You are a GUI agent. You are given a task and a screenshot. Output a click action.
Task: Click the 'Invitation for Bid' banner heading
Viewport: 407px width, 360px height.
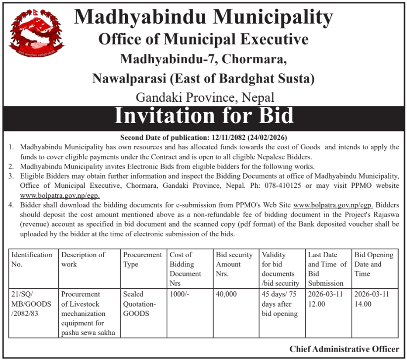tap(204, 115)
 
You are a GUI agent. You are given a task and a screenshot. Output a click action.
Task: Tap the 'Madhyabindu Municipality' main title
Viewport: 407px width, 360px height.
tap(203, 18)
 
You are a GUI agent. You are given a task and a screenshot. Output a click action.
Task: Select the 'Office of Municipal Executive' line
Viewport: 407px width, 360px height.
tap(203, 39)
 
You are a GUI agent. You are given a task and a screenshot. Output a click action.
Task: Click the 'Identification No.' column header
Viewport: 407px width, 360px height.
tap(32, 259)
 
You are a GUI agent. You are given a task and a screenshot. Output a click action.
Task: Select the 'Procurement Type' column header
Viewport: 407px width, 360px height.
tap(142, 259)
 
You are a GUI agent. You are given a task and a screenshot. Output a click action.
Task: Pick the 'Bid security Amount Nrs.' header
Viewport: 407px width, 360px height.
tap(234, 264)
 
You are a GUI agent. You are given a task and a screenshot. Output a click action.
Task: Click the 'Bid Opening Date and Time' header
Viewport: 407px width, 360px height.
tap(374, 264)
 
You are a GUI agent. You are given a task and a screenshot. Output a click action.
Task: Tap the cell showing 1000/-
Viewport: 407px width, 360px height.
tap(179, 294)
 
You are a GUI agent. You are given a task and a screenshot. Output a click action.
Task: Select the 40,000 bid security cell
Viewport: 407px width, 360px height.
tap(226, 294)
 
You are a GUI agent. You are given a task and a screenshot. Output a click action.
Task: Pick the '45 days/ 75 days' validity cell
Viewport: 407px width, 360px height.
tap(280, 304)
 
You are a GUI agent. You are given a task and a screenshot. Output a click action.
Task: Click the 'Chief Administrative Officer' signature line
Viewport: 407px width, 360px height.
tap(344, 349)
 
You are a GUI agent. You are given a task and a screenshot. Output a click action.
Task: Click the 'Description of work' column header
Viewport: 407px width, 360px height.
tap(83, 259)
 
